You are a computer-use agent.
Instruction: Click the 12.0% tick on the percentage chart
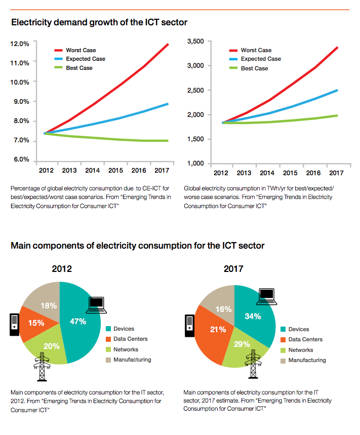(19, 44)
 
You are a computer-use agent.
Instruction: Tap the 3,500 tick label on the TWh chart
(195, 41)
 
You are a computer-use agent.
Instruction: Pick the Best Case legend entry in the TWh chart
(254, 68)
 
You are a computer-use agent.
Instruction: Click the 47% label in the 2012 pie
(78, 321)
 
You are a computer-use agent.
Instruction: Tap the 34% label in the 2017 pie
(252, 317)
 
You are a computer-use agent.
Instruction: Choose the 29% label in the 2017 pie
(242, 344)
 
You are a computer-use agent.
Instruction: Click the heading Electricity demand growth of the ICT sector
(99, 22)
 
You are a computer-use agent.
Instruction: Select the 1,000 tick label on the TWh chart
(195, 164)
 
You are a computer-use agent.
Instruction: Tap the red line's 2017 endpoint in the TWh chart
(337, 48)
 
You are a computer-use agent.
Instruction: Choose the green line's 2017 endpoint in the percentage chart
(168, 141)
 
